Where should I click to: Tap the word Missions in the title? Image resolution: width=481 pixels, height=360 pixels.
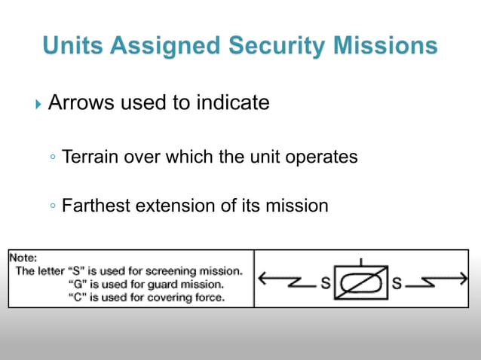tap(380, 46)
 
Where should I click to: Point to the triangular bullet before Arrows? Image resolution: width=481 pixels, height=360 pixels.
tap(39, 103)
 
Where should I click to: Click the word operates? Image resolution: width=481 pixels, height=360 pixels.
tap(320, 157)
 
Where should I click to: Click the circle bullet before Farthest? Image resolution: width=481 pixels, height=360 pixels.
tap(51, 206)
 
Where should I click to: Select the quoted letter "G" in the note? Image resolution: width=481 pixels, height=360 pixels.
tap(76, 284)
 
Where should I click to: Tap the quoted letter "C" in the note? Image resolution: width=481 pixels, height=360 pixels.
tap(76, 297)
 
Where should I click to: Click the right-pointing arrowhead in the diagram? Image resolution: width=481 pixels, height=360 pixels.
tap(463, 279)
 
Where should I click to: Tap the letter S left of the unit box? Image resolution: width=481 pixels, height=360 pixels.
tap(326, 285)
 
